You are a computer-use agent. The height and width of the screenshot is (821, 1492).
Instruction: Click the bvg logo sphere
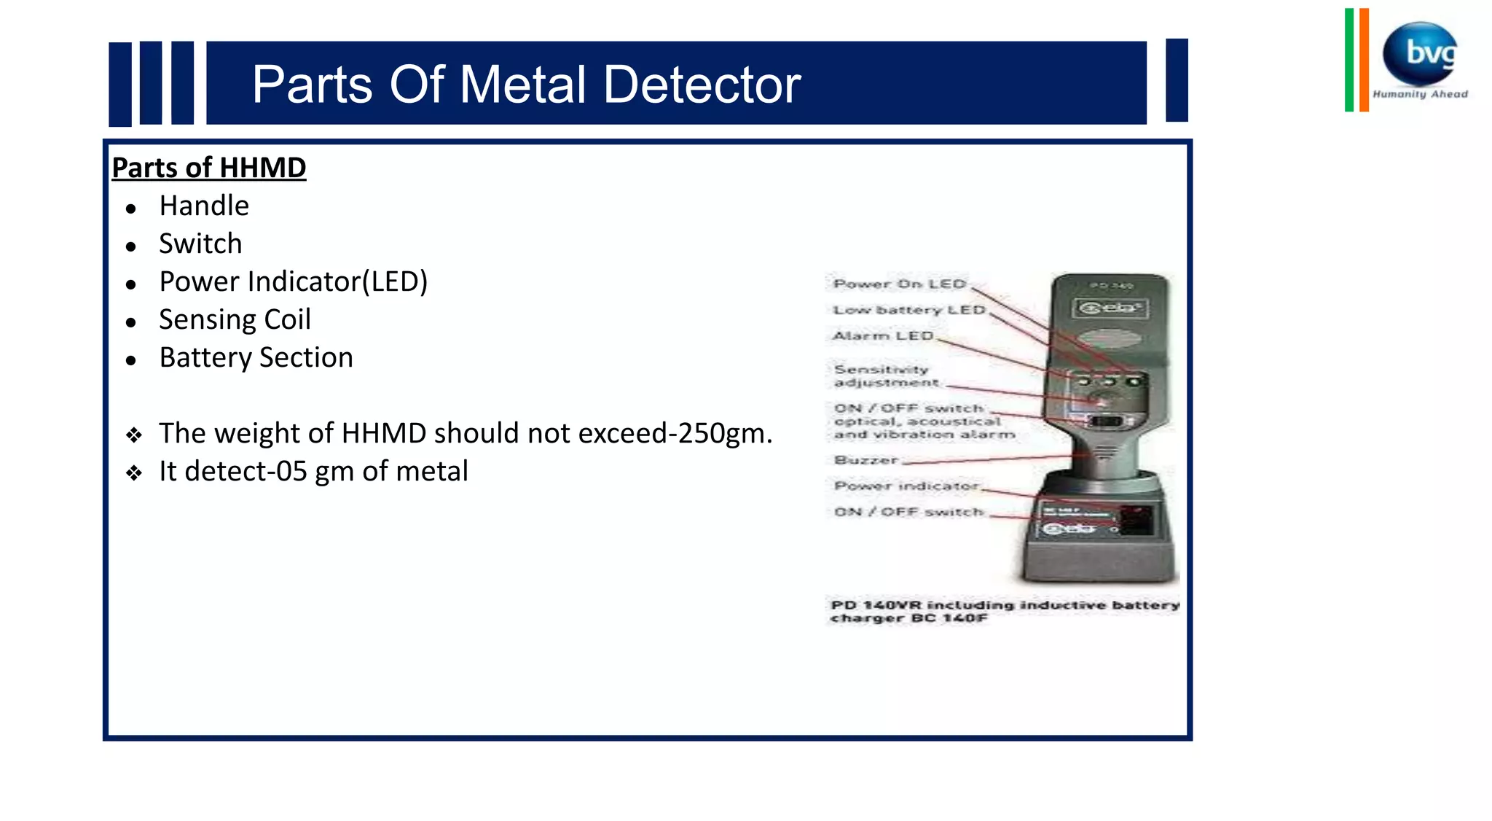pyautogui.click(x=1421, y=53)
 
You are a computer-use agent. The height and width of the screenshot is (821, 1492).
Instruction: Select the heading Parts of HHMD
pyautogui.click(x=209, y=168)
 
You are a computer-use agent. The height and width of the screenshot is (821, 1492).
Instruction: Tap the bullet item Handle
pyautogui.click(x=204, y=206)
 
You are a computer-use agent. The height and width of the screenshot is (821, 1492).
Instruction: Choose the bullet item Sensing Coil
pyautogui.click(x=235, y=319)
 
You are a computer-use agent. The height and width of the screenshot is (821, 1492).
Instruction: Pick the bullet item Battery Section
pyautogui.click(x=256, y=357)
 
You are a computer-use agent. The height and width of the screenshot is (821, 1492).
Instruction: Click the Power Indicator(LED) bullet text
pyautogui.click(x=293, y=281)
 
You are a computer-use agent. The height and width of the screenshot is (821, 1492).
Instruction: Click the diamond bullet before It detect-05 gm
pyautogui.click(x=133, y=473)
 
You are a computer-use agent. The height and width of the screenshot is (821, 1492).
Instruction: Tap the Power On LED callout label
pyautogui.click(x=899, y=284)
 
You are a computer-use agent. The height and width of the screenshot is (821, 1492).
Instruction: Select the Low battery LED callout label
pyautogui.click(x=908, y=310)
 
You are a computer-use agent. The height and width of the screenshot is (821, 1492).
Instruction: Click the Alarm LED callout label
pyautogui.click(x=883, y=335)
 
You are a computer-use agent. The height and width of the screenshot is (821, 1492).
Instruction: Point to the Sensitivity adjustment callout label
pyautogui.click(x=885, y=376)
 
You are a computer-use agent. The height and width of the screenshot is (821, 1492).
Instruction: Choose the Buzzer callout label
pyautogui.click(x=866, y=460)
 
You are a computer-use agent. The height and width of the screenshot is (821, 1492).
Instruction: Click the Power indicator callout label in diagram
pyautogui.click(x=906, y=486)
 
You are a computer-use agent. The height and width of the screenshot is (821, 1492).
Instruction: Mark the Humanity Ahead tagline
pyautogui.click(x=1420, y=94)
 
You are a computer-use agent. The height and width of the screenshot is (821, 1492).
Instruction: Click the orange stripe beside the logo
pyautogui.click(x=1364, y=60)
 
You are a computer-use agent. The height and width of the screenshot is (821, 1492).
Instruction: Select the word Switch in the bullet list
pyautogui.click(x=200, y=244)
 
